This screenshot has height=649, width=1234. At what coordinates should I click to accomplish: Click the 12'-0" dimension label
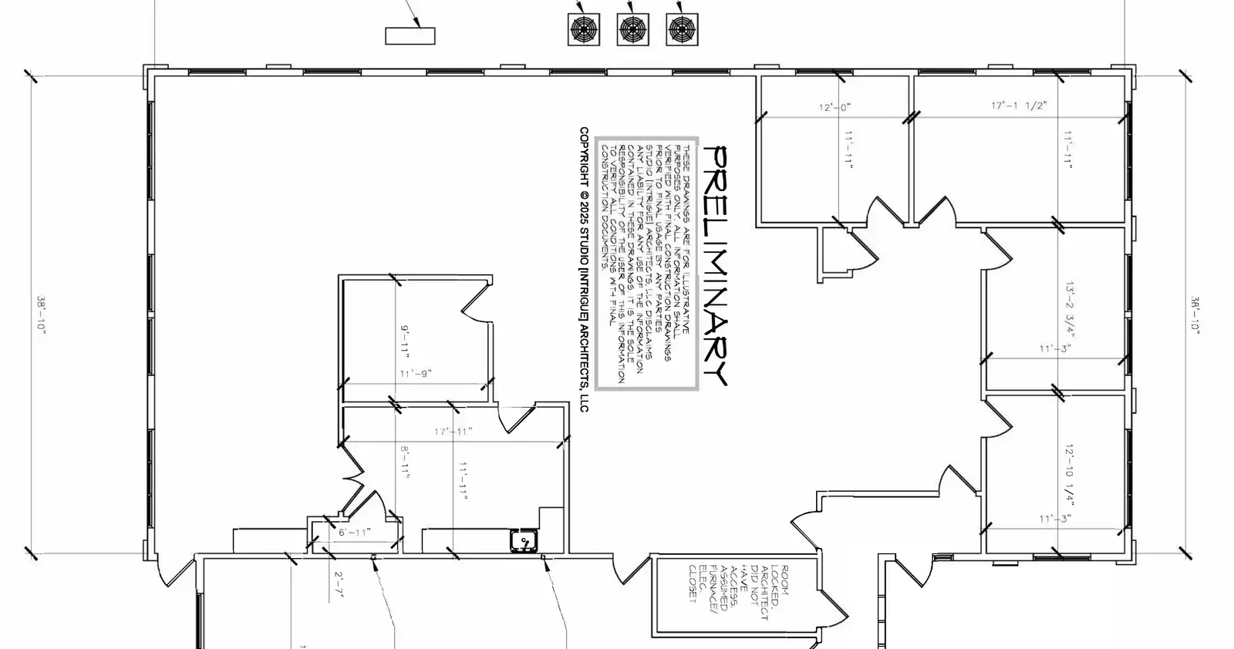[x=834, y=108]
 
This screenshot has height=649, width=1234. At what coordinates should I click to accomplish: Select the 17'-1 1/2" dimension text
[x=1019, y=106]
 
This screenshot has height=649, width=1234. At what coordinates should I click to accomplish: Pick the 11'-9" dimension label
[x=416, y=374]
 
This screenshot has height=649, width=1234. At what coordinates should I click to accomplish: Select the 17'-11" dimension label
[x=452, y=432]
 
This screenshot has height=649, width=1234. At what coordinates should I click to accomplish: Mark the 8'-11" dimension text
[x=405, y=462]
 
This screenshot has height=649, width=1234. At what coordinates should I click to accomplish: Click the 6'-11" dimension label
[x=355, y=532]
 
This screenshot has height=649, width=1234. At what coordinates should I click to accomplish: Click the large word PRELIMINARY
[x=716, y=265]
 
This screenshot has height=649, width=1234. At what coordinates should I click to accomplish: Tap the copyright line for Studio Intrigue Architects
[x=584, y=270]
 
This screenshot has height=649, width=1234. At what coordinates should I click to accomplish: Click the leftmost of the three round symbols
[x=583, y=29]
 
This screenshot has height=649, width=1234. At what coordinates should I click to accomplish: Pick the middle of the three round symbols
[x=632, y=29]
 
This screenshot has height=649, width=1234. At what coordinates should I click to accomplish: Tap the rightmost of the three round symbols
[x=682, y=29]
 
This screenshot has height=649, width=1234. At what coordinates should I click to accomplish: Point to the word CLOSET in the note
[x=692, y=584]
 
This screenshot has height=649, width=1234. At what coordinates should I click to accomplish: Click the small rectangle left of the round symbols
[x=410, y=35]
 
